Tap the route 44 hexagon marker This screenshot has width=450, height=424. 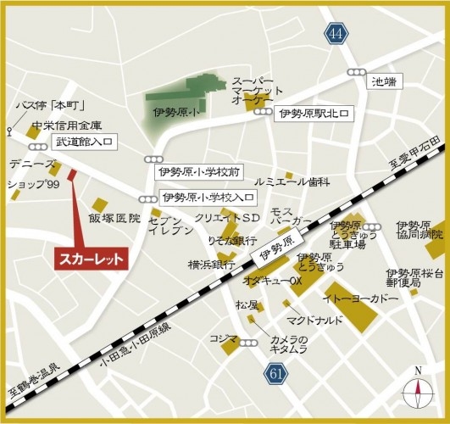336,33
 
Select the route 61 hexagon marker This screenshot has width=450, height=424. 275,373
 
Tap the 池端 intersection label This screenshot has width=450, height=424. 384,82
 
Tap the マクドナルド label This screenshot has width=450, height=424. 314,321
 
